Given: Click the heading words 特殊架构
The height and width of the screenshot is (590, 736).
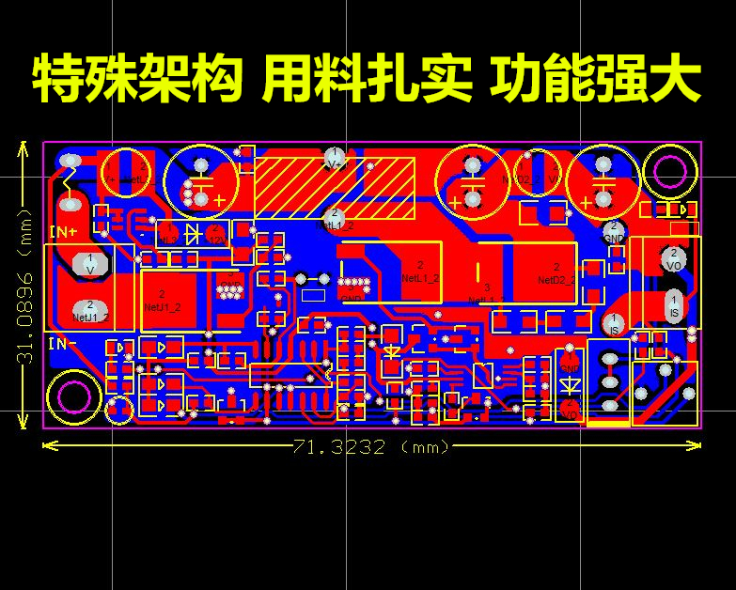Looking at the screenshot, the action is [134, 80].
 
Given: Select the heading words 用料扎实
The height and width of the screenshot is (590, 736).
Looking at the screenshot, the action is [367, 80].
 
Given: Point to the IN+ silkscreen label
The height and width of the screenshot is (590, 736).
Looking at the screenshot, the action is [64, 231].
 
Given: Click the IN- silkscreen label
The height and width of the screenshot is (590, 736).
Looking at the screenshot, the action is [62, 344].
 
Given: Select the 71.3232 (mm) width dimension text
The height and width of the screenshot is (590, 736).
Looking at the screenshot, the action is [370, 447].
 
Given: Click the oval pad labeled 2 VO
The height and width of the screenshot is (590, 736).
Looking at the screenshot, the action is [673, 258].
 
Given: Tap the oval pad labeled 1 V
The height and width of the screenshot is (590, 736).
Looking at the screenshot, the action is [90, 263].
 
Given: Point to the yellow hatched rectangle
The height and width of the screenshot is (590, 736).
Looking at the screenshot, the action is [335, 189].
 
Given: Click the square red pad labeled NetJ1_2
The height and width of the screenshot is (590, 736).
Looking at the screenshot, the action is [163, 300].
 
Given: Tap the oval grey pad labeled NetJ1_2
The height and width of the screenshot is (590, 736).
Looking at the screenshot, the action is [90, 310].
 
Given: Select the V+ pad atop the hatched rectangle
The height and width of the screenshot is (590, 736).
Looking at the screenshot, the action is [334, 156].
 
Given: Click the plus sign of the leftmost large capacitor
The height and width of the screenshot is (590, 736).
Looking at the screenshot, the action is [219, 199].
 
